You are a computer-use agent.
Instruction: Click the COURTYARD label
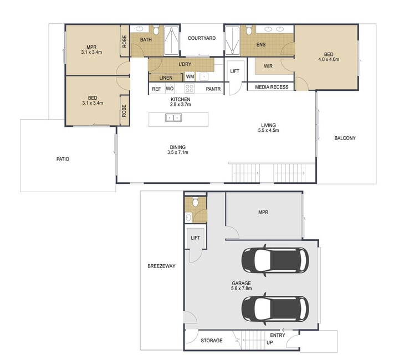click(x=202, y=38)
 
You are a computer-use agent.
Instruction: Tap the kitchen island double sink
click(x=173, y=118)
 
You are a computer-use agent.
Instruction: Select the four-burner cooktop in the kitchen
click(x=190, y=89)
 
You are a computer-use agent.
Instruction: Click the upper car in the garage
click(x=275, y=261)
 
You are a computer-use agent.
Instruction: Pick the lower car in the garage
click(x=275, y=309)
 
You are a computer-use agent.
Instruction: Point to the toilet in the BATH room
click(x=156, y=30)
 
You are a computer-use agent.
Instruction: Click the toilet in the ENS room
click(x=249, y=30)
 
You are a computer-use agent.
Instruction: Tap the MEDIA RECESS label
click(x=272, y=87)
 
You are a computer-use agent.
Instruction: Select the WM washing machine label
click(x=190, y=76)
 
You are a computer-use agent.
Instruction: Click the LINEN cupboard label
click(x=166, y=78)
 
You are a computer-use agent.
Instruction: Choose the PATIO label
click(x=63, y=159)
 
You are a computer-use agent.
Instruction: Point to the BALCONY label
click(x=345, y=138)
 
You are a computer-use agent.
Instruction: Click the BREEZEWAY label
click(x=161, y=266)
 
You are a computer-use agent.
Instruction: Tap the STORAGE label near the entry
click(x=212, y=341)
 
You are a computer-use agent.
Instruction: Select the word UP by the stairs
click(x=270, y=343)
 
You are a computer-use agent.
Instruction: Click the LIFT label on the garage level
click(x=195, y=238)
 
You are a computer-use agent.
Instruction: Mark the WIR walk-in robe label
click(x=268, y=66)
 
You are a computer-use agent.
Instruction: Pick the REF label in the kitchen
click(x=156, y=89)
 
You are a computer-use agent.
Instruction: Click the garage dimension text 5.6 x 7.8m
click(x=241, y=289)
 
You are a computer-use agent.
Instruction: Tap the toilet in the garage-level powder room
click(x=196, y=202)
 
